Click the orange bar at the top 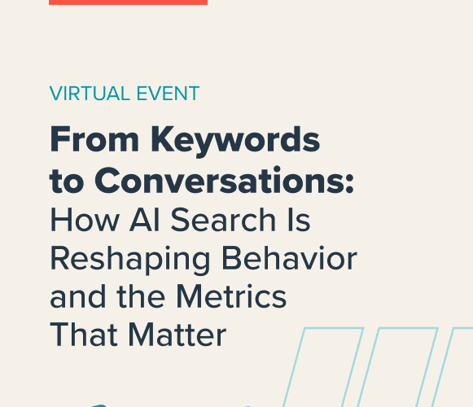coord(128,2)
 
